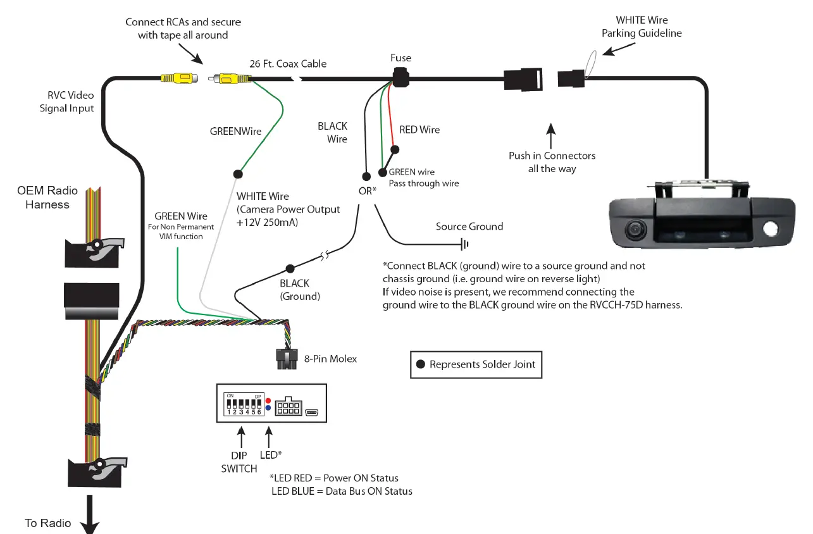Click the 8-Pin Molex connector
(287, 359)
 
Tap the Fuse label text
(400, 58)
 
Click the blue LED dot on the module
(268, 409)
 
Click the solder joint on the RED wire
(395, 150)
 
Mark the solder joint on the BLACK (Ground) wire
(290, 268)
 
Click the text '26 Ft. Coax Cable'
(288, 63)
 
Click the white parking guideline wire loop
(592, 65)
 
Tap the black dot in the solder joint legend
(420, 364)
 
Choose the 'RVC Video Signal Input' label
(66, 102)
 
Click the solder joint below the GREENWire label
(239, 173)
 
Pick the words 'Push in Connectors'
(552, 156)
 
